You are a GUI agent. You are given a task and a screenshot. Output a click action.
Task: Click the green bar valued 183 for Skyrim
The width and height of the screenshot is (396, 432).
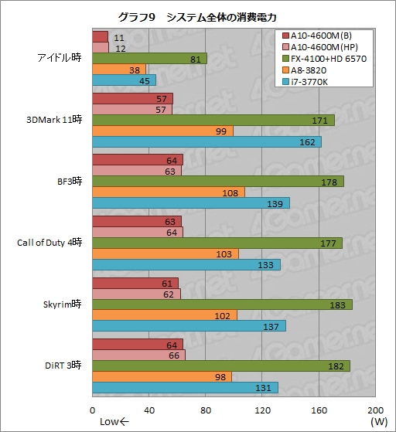[x=222, y=304]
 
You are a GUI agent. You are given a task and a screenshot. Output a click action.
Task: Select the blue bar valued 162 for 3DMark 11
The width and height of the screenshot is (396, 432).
[x=207, y=142]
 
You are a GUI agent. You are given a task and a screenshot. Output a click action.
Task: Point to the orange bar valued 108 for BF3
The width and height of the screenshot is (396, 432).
[x=169, y=192]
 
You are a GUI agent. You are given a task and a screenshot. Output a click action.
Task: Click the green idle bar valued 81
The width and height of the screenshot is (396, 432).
[x=149, y=58]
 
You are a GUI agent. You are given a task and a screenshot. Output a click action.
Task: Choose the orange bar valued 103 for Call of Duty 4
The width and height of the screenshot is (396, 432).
[x=165, y=253]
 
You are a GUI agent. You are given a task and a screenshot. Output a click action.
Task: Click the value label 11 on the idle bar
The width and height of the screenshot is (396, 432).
[x=118, y=37]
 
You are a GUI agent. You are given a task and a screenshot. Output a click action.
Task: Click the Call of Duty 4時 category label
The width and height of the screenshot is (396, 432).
[x=49, y=242]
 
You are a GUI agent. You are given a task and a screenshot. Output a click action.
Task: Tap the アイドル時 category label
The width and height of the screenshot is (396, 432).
[x=60, y=57]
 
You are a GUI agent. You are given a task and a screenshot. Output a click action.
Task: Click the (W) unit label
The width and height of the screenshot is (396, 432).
[x=379, y=422]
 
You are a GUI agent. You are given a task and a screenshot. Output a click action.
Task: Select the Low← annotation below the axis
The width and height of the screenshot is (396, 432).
[x=116, y=422]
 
